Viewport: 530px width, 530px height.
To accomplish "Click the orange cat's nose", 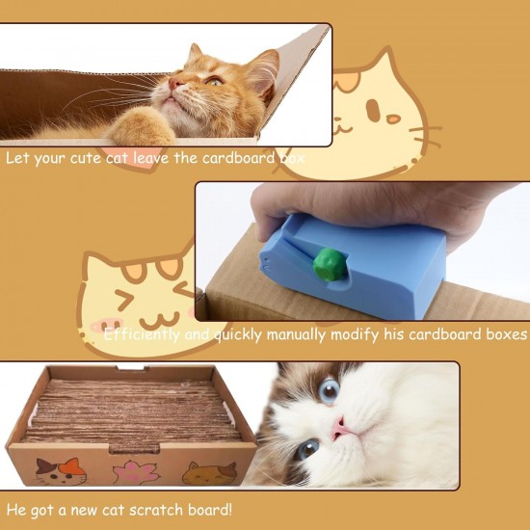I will [174, 85].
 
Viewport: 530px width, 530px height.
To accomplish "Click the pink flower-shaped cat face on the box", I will [135, 472].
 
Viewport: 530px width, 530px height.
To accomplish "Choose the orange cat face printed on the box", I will [210, 472].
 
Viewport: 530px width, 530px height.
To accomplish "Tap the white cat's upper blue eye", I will [329, 390].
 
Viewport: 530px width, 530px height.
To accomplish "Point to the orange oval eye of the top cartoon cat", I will [392, 119].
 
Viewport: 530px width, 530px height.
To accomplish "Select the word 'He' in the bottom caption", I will [14, 508].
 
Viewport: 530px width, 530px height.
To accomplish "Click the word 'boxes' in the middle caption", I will [504, 334].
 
